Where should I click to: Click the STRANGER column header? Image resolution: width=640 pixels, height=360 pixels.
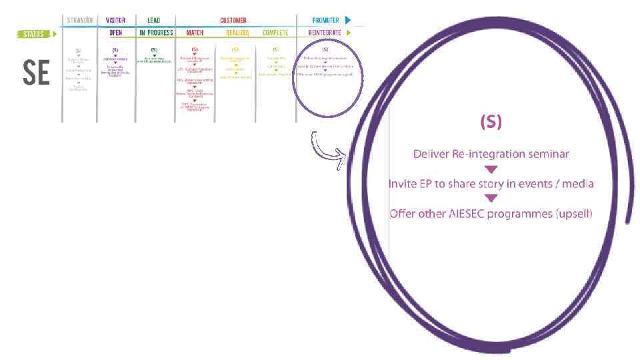coord(79,21)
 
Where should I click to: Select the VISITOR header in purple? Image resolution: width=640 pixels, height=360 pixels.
coord(115,21)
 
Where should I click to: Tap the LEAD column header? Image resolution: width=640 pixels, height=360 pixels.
coord(153,21)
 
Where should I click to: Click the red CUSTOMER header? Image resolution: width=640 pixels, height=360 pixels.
coord(233,21)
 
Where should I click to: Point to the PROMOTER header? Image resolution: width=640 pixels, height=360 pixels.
coord(326,21)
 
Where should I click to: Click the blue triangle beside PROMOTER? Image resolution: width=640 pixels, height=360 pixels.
coord(347,21)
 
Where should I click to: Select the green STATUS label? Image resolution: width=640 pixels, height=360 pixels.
coord(31,34)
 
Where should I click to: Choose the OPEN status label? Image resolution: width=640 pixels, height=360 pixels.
coord(115,33)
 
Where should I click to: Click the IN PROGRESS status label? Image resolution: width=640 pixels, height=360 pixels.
coord(156,33)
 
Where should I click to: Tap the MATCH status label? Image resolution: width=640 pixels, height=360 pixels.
coord(195,33)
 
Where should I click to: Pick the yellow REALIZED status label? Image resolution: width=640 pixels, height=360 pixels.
coord(237,33)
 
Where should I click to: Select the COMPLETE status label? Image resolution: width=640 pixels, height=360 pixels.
coord(275,33)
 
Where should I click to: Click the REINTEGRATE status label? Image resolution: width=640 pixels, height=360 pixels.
coord(325,33)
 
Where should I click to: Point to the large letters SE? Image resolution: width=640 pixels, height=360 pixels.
coord(36,73)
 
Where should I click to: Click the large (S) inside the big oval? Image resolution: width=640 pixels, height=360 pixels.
coord(491,122)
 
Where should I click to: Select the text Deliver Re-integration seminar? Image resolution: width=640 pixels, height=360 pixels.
coord(491,154)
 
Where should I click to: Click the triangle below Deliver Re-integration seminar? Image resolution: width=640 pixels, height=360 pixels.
coord(491,169)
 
